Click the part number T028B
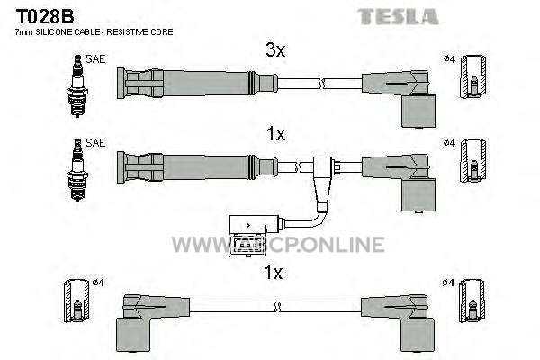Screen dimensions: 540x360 tap(45, 16)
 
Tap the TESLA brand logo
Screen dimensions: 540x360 tap(398, 17)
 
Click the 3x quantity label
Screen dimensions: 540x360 tap(275, 50)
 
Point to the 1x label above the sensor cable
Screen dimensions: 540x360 tap(276, 134)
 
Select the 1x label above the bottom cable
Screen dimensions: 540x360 tap(273, 273)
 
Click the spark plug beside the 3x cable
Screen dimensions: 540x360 tap(77, 86)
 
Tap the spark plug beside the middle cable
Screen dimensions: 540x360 tap(77, 169)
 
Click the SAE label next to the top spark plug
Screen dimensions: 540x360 tap(95, 59)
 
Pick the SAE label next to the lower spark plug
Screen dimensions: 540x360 tap(95, 142)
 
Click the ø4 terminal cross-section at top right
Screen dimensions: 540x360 tap(474, 76)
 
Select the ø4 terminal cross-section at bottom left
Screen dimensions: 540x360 tap(76, 301)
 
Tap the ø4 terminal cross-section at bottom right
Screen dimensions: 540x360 tap(472, 301)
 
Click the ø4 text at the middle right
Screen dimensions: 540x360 tap(449, 142)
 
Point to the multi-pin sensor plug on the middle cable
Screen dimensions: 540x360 tap(247, 236)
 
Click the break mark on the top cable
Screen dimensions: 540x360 tap(322, 84)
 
